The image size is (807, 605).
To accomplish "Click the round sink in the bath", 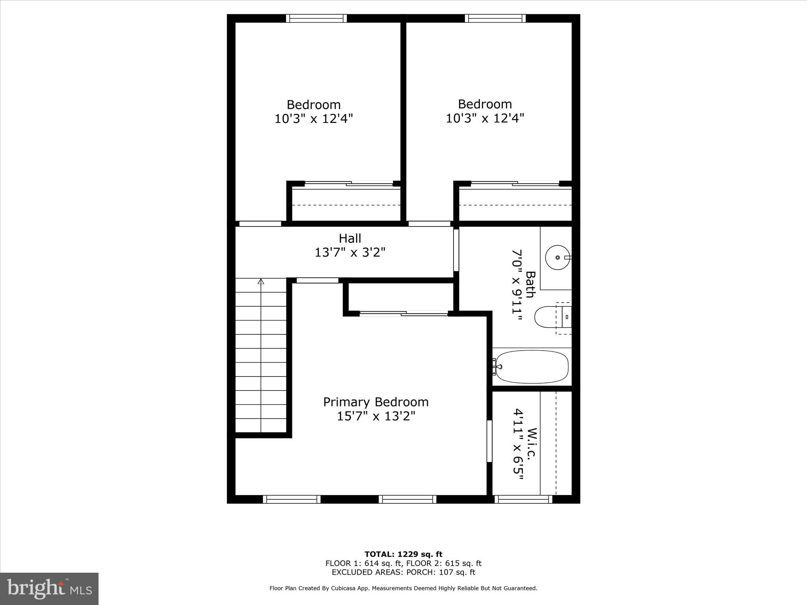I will point(557,257).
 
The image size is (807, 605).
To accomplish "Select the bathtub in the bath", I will point(532,367).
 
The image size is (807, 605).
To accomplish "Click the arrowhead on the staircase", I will point(261,281).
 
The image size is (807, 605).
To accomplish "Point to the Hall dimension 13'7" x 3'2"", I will point(350,252).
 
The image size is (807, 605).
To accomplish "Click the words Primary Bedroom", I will point(376,402).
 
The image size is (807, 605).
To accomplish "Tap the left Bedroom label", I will point(313,104).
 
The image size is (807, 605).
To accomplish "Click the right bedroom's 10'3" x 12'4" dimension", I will point(485,118).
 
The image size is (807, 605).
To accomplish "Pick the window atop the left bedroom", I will point(316,18).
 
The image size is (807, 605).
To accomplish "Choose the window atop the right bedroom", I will point(495,18).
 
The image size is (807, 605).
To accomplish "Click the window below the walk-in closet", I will point(523,499).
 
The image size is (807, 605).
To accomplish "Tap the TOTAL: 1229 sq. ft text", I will point(403,554).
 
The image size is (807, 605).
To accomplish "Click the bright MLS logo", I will point(49,588).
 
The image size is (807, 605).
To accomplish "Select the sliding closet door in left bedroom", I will point(349,184).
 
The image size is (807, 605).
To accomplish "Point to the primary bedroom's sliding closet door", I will point(403,314).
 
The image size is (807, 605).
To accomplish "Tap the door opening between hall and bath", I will point(456,250).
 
